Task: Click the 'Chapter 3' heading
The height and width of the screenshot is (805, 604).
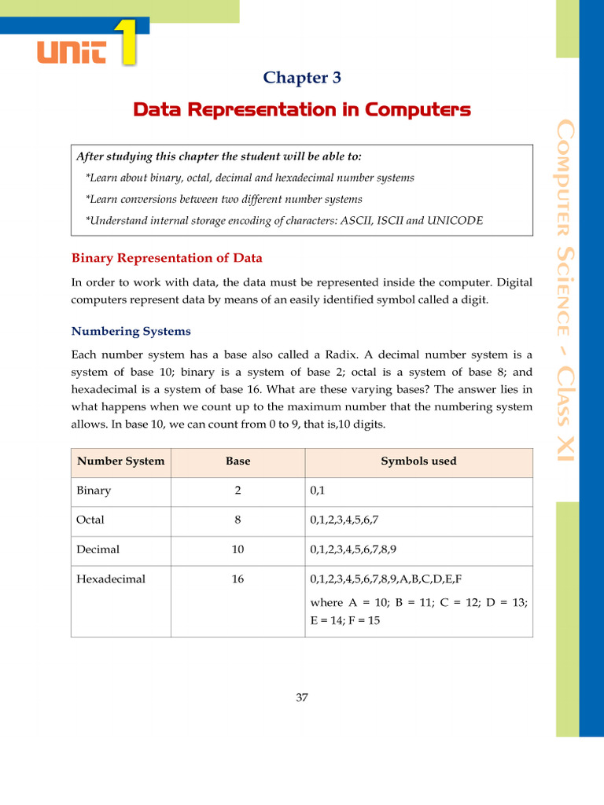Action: (302, 77)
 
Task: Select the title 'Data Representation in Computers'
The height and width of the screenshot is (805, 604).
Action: (302, 109)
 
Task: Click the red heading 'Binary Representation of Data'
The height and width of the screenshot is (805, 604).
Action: (167, 258)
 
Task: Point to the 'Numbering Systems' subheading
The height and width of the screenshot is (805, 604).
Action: (131, 331)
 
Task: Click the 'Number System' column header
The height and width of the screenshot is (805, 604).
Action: (120, 461)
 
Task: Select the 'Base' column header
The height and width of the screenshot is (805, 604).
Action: (238, 461)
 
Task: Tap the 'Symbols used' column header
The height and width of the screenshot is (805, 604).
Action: (418, 461)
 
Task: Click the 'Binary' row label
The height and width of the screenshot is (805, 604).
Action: (94, 491)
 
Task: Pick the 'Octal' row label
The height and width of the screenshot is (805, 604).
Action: (90, 520)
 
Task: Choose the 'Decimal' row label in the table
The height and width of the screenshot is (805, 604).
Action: (98, 550)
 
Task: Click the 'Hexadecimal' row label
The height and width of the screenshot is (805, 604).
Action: (111, 579)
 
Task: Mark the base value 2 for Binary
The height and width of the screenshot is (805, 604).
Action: (238, 491)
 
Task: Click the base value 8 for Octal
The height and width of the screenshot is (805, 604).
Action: (238, 520)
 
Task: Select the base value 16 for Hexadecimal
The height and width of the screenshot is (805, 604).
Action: (238, 579)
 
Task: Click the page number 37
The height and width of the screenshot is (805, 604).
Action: (302, 697)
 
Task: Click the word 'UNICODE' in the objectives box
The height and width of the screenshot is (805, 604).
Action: (455, 221)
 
